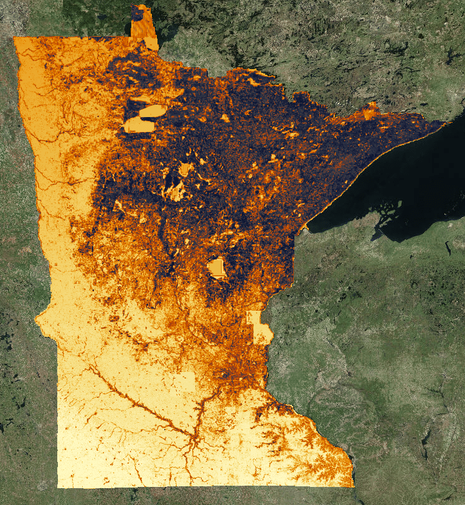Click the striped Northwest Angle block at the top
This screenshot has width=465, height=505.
(141, 22)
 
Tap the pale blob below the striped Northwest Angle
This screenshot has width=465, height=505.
(151, 44)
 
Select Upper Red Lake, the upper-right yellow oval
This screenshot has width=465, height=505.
(153, 112)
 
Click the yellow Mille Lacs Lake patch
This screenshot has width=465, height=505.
(217, 268)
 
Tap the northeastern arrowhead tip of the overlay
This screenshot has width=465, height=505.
(446, 123)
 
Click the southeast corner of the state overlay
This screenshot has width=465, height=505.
(354, 486)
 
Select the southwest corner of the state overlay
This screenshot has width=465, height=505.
(59, 486)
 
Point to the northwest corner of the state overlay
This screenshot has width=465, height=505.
(15, 38)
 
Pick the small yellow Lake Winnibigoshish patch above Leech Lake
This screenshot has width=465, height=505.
(186, 169)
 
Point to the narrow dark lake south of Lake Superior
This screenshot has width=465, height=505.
(448, 248)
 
